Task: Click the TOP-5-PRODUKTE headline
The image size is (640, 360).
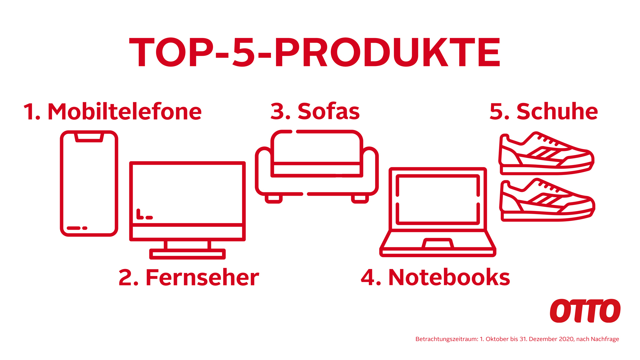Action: click(315, 52)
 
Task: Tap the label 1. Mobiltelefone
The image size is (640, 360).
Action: click(113, 111)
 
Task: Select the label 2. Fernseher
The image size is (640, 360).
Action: click(189, 277)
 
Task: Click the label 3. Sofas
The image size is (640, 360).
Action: click(315, 111)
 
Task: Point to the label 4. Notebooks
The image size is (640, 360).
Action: click(435, 277)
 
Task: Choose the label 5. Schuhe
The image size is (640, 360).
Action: click(544, 111)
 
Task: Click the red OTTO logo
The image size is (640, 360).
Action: click(585, 311)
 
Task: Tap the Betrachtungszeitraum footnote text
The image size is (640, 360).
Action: click(517, 339)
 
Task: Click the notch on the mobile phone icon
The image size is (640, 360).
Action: click(89, 137)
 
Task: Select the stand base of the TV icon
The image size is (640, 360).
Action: click(187, 254)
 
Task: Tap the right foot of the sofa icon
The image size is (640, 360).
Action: click(360, 199)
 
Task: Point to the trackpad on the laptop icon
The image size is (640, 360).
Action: click(438, 243)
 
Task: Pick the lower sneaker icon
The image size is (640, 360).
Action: click(547, 200)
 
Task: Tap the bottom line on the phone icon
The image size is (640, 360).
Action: click(74, 228)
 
